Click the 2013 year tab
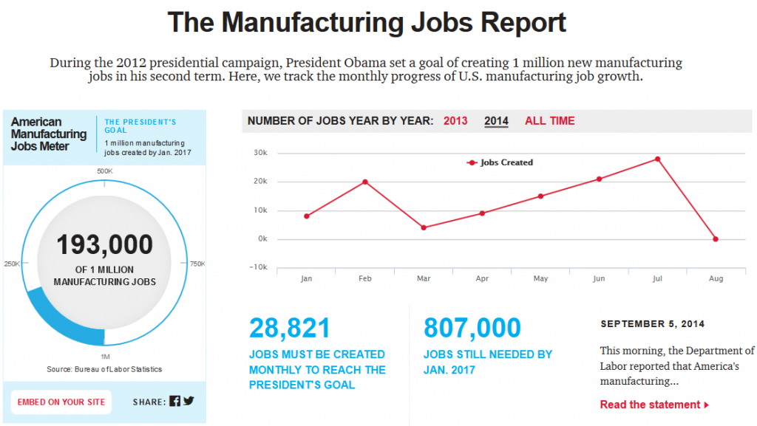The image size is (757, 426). [x=455, y=121]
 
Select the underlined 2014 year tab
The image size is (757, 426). [x=496, y=121]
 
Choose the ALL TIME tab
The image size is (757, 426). [x=549, y=121]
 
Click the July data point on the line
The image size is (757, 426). [x=657, y=159]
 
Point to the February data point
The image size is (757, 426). [x=365, y=182]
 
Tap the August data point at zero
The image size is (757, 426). [x=716, y=239]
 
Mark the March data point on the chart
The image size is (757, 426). [x=424, y=227]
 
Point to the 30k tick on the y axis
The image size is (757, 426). [x=260, y=153]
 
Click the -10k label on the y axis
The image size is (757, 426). [x=258, y=267]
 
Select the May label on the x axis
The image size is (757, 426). [x=540, y=279]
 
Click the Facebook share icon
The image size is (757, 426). [x=174, y=402]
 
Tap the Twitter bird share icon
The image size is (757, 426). [x=189, y=402]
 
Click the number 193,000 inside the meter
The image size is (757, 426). [x=105, y=244]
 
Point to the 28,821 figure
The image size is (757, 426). [x=290, y=329]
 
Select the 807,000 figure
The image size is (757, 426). [x=472, y=329]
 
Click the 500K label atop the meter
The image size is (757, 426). [x=105, y=171]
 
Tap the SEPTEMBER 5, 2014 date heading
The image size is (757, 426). [x=652, y=324]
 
